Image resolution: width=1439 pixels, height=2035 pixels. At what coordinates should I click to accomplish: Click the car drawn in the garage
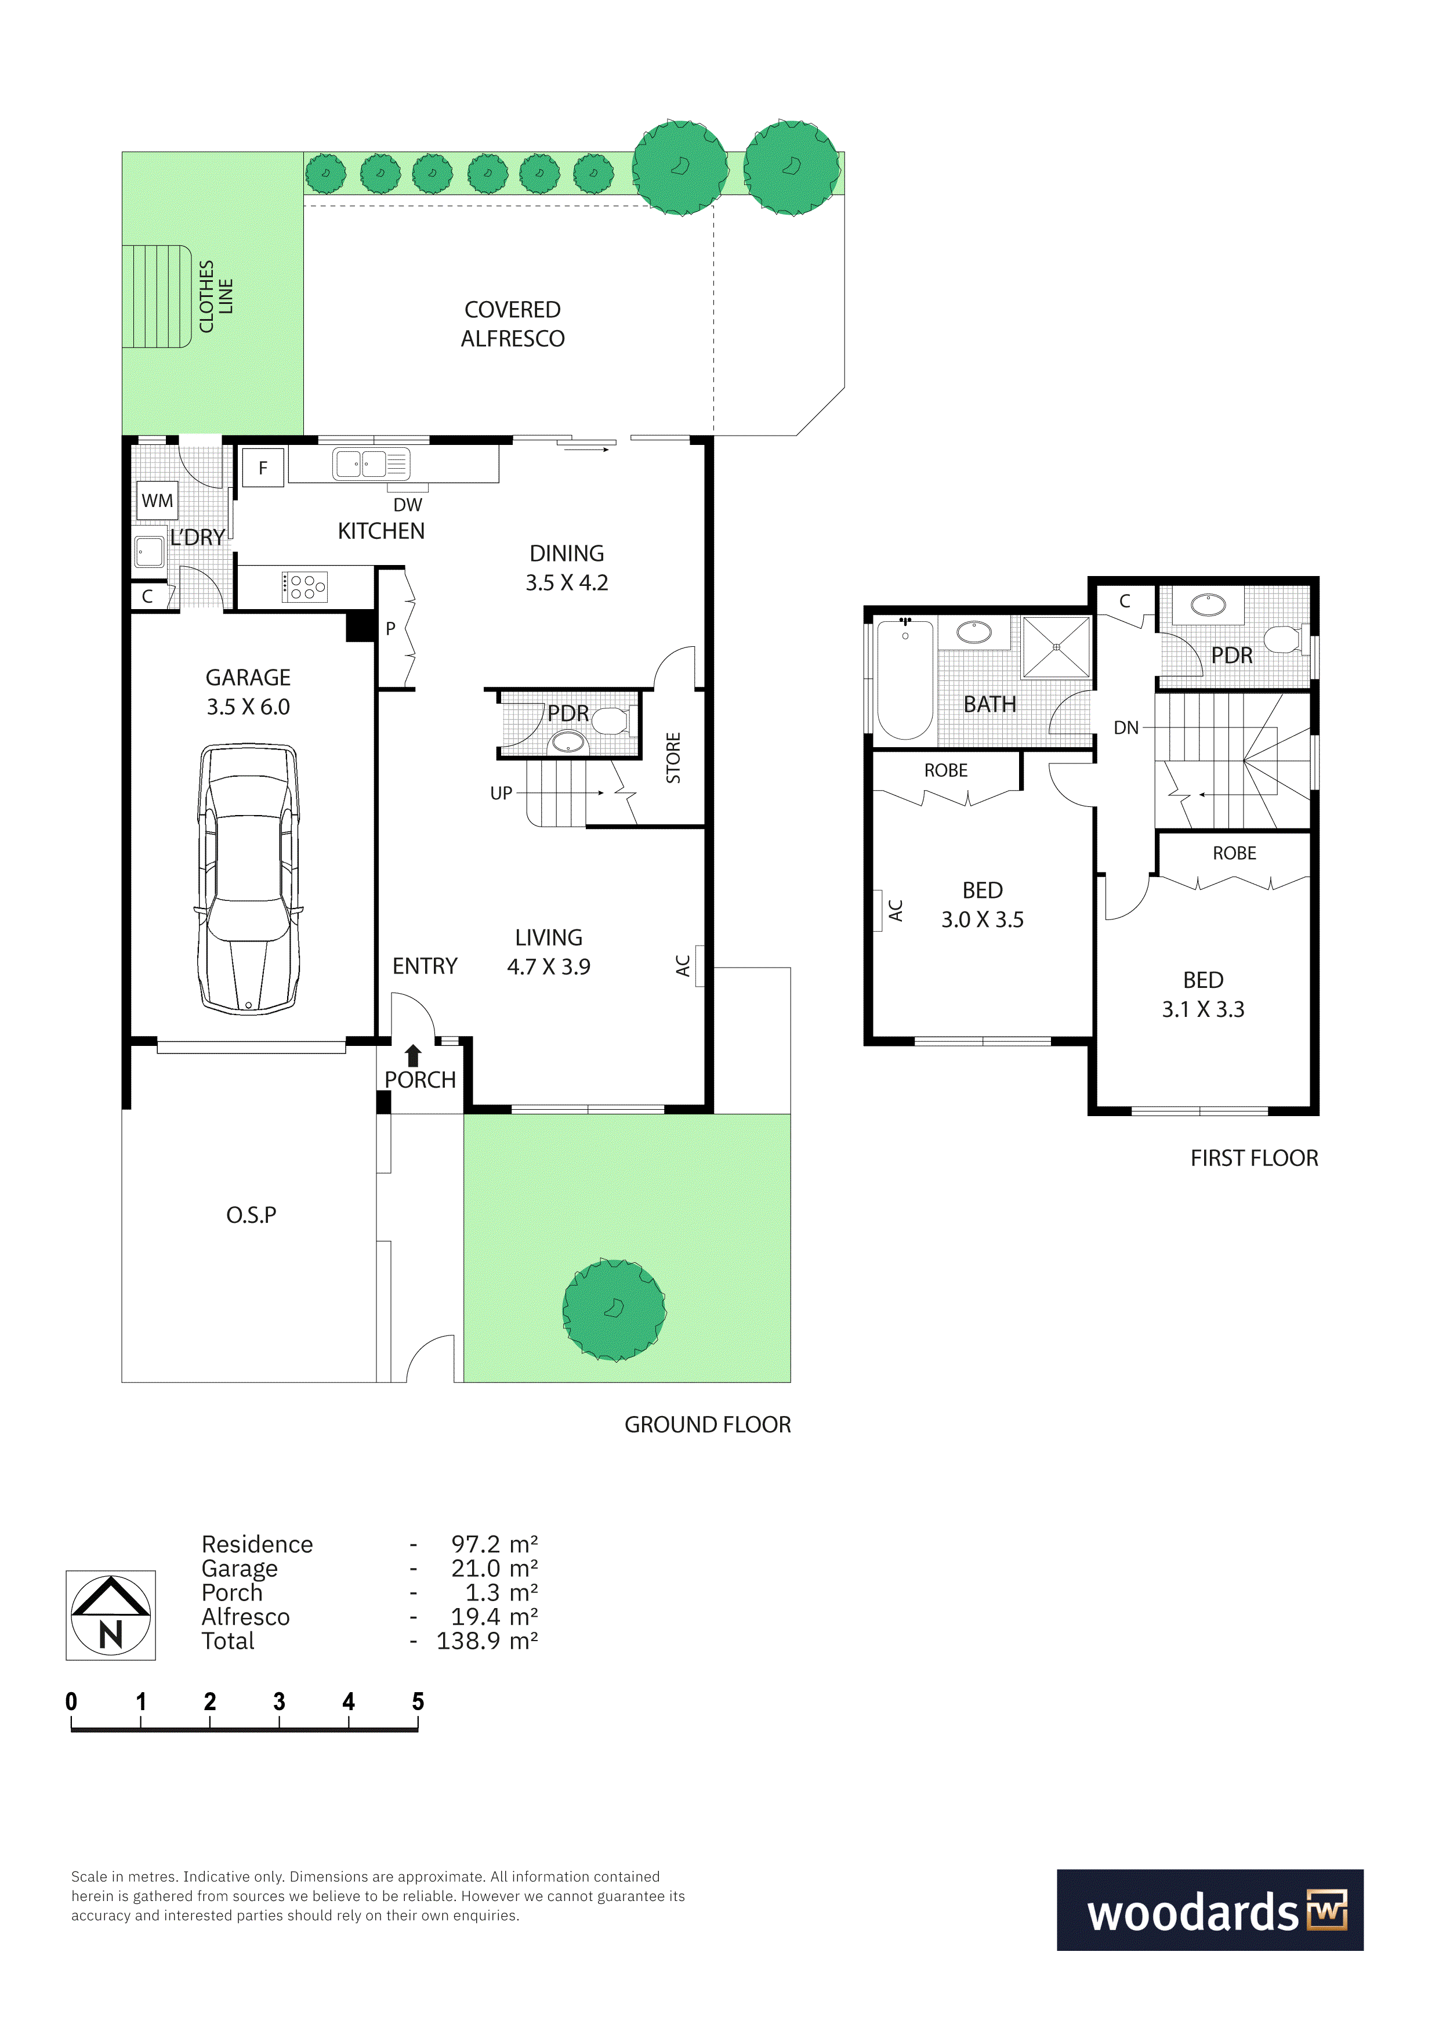pyautogui.click(x=248, y=879)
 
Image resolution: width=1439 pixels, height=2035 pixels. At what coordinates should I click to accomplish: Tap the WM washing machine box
pyautogui.click(x=157, y=501)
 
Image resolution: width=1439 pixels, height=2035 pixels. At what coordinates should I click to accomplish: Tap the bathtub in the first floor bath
pyautogui.click(x=905, y=680)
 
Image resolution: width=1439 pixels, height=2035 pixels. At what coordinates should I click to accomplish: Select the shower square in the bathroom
pyautogui.click(x=1056, y=647)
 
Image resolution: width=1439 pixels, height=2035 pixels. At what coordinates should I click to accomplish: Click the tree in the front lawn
pyautogui.click(x=614, y=1309)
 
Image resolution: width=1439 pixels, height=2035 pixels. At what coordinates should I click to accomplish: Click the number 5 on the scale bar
pyautogui.click(x=418, y=1702)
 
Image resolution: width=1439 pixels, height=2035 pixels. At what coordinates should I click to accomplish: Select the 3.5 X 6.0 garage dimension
pyautogui.click(x=248, y=707)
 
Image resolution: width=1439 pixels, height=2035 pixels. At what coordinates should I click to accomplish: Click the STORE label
pyautogui.click(x=673, y=758)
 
